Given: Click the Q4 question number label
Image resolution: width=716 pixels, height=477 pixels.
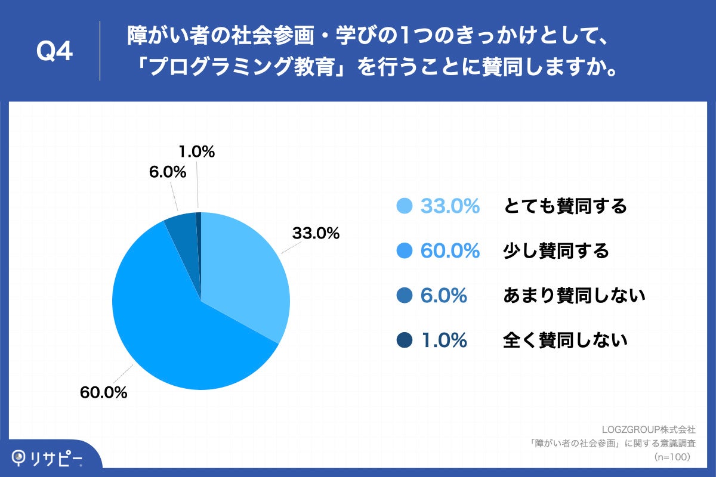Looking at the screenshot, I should click(x=54, y=52).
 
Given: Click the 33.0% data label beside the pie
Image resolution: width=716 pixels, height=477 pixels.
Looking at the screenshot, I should click(x=316, y=234).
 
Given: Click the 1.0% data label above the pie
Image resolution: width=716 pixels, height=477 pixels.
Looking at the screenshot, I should click(x=196, y=152).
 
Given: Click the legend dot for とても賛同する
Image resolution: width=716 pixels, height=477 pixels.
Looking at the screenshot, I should click(x=405, y=206).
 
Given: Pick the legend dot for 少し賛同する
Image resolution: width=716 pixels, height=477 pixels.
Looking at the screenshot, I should click(x=405, y=251).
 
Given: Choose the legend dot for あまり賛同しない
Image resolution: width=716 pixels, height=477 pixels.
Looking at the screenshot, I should click(x=405, y=295).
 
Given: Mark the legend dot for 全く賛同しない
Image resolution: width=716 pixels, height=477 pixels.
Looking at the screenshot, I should click(x=405, y=340).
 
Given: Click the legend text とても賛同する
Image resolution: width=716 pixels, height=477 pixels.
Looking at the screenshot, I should click(x=565, y=206).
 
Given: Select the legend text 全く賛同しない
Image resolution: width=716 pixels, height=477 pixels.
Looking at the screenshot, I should click(x=565, y=340).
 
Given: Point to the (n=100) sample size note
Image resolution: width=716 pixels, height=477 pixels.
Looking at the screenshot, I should click(x=672, y=457).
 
